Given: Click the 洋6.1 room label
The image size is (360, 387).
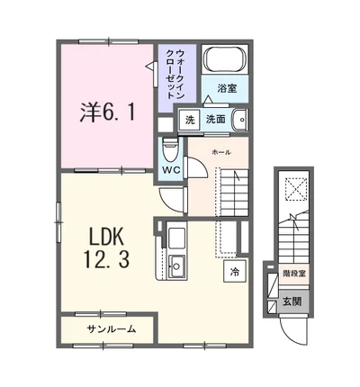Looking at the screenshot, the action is tap(107, 112).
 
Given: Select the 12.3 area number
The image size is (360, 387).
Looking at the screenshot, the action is tap(107, 259).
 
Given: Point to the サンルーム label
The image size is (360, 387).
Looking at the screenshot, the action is tap(112, 329).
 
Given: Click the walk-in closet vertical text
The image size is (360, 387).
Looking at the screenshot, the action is tap(175, 74).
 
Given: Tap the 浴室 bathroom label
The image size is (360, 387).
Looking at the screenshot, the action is tap(227, 88).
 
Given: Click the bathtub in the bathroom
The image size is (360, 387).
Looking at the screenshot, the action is tap(225, 59).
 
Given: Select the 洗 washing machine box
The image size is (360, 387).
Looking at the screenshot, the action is tap(190, 120).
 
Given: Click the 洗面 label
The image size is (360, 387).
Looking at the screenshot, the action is tap(215, 120).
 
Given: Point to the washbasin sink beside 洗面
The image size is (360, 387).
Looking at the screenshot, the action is tap(239, 120).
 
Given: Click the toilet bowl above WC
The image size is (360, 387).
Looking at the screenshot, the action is tap(171, 149).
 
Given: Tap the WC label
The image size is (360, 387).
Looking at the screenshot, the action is tap(171, 170).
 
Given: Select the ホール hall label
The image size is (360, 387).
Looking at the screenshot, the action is tap(221, 152).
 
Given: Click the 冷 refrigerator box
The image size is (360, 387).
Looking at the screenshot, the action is tap(235, 271).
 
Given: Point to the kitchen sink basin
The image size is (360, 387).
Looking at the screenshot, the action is tap(176, 266).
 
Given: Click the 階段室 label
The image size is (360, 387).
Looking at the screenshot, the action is tap(294, 274).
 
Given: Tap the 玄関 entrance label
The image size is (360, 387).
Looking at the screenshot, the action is tap(292, 301).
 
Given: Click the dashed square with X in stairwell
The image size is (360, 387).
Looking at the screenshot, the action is tap(296, 188).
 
